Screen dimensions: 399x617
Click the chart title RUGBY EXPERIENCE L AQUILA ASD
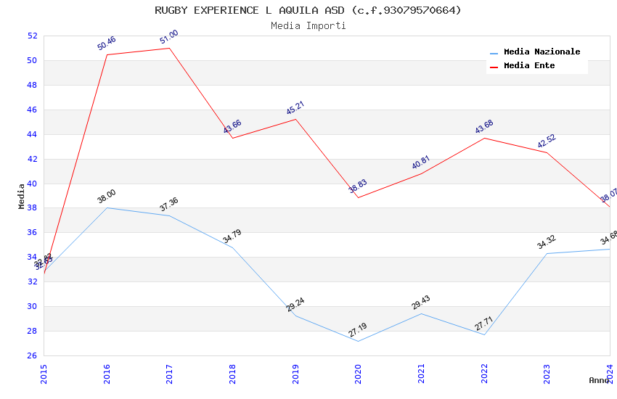click(x=308, y=10)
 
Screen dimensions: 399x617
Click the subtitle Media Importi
click(x=308, y=25)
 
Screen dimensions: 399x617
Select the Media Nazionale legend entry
click(x=542, y=52)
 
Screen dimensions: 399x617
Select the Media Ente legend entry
click(x=529, y=65)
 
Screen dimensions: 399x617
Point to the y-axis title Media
click(x=22, y=196)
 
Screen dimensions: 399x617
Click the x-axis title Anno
click(x=599, y=380)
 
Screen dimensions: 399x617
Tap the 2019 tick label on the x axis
click(x=295, y=373)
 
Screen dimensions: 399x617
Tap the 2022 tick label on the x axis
click(x=484, y=373)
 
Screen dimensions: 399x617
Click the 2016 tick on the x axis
click(x=107, y=373)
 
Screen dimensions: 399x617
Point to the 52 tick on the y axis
click(x=32, y=36)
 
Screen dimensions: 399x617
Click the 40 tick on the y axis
click(x=32, y=184)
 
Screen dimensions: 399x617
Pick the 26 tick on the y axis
click(x=32, y=355)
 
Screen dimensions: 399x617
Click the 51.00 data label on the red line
click(x=169, y=37)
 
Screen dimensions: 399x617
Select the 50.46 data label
click(x=107, y=44)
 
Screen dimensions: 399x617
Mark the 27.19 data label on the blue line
click(x=358, y=330)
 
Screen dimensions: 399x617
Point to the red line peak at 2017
click(x=169, y=48)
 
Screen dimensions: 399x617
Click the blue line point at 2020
click(x=358, y=341)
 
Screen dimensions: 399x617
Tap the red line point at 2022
click(x=484, y=138)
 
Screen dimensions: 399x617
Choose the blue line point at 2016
click(x=107, y=208)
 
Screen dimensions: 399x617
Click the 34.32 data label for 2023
click(x=547, y=242)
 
